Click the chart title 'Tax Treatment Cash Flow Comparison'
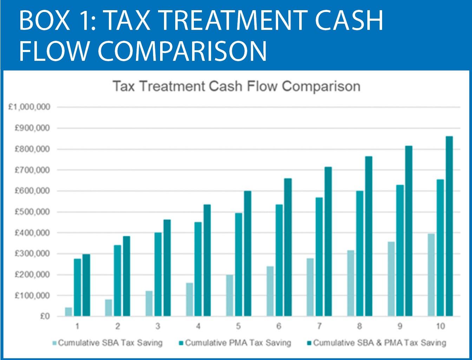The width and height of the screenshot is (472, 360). point(236,86)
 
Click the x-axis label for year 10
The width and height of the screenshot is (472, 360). point(440,327)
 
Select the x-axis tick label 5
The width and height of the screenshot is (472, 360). point(238,327)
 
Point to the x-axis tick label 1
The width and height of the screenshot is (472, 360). point(77,327)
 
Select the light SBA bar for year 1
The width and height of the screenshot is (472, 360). point(68,312)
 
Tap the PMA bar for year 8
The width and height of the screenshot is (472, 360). point(360,253)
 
